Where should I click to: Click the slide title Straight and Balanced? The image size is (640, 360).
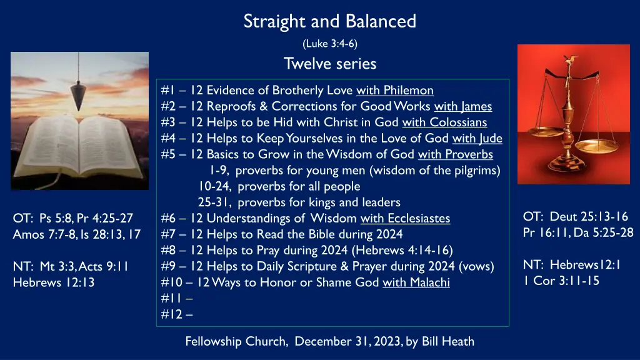(330, 21)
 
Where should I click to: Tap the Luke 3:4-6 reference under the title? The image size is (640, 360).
(330, 44)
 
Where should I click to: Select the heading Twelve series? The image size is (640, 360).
(330, 64)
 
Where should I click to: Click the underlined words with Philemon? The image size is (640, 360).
(395, 90)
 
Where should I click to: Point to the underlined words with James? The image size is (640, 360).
(463, 106)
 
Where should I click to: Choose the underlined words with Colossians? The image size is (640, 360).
(444, 122)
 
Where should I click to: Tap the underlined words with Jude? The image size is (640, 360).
(477, 138)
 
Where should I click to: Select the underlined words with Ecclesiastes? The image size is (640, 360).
(405, 218)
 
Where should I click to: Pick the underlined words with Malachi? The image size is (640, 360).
(416, 282)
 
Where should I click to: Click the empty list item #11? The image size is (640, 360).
(177, 298)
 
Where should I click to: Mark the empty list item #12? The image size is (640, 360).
(177, 314)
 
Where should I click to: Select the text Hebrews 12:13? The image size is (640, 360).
(54, 282)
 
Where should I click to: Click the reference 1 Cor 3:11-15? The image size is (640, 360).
(561, 281)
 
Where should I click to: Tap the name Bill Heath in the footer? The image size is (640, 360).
(448, 341)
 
